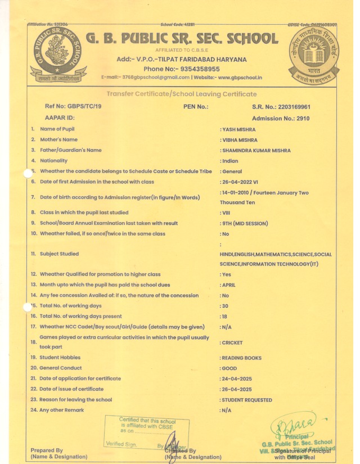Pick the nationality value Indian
click(230, 160)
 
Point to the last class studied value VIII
click(227, 213)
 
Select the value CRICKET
click(232, 342)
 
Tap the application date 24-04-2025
click(237, 379)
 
